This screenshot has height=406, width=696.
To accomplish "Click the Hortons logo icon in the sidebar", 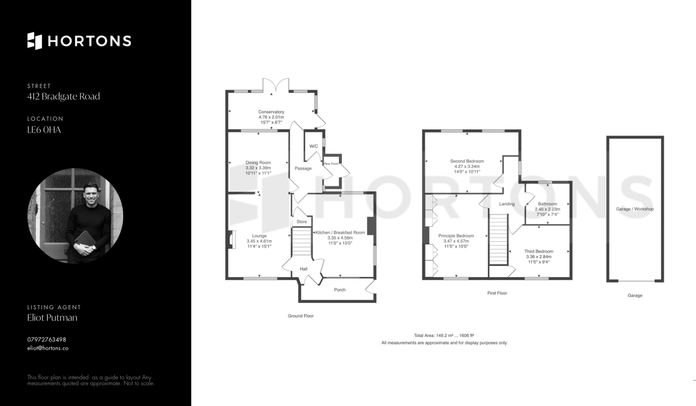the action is click(x=35, y=41).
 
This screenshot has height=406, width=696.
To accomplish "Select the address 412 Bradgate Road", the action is click(x=63, y=96).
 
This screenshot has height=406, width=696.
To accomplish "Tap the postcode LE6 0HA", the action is click(x=44, y=130).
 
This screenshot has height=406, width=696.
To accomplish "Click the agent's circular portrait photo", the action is click(x=75, y=216).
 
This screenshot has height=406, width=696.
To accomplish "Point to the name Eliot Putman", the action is click(x=52, y=318).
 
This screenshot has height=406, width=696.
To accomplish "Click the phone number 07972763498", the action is click(x=47, y=340).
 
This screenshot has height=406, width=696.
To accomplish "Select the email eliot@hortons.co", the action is click(x=48, y=348).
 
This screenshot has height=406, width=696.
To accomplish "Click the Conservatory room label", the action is click(x=271, y=112).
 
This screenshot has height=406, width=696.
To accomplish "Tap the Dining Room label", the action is click(x=258, y=163).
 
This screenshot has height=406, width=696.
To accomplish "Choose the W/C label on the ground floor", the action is click(x=314, y=146).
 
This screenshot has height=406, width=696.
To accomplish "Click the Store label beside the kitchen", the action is click(x=302, y=222).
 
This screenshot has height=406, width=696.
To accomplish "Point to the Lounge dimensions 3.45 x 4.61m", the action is click(x=259, y=241).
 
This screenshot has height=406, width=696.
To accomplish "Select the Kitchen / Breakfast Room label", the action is click(x=340, y=233).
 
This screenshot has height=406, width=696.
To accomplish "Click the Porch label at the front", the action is click(x=340, y=290).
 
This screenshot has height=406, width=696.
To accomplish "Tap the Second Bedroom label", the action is click(x=467, y=161).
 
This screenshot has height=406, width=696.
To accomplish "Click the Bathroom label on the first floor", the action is click(x=547, y=204).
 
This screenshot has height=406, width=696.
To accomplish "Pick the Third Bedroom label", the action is click(x=539, y=252).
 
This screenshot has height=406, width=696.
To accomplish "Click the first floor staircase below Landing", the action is click(x=498, y=239).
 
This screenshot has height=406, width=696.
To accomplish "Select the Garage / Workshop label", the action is click(x=635, y=209).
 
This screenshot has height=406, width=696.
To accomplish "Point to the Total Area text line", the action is click(x=444, y=336).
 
